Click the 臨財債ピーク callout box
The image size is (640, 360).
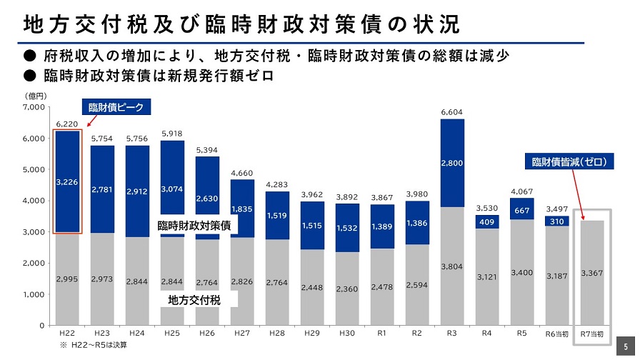(115, 108)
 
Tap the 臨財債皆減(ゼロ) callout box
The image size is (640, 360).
(569, 162)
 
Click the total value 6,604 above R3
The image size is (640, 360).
(452, 112)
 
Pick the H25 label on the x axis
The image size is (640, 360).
(172, 334)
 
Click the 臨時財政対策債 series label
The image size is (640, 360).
(196, 226)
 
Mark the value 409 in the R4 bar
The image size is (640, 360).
(486, 221)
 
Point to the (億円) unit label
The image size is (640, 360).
(36, 95)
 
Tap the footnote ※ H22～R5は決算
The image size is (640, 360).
(97, 345)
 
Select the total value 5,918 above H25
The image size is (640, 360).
(172, 134)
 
